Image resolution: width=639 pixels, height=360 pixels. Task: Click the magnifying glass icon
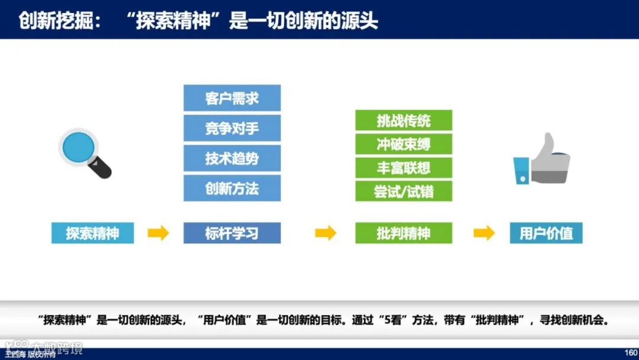[x=85, y=153]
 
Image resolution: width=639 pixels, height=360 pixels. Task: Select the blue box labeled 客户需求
[x=232, y=98]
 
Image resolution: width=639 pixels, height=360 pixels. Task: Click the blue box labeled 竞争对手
[x=232, y=128]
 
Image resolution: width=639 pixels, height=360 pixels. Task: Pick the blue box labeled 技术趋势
[x=232, y=159]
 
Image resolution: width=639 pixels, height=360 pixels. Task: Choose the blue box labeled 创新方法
[x=232, y=189]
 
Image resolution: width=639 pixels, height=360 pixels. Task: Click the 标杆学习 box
[x=232, y=233]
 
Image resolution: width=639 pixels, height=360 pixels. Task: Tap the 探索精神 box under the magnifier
[x=92, y=233]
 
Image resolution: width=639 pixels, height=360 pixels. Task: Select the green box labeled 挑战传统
[x=404, y=121]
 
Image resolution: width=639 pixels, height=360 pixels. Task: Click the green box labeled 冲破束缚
[x=404, y=144]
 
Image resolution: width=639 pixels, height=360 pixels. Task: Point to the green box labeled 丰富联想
[x=404, y=168]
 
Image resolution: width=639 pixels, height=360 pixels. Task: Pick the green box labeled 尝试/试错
[x=404, y=191]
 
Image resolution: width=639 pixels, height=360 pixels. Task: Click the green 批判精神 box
[x=404, y=233]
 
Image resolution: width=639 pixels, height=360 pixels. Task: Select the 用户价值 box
[x=546, y=233]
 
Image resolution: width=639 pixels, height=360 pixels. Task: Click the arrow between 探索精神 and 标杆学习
[x=158, y=233]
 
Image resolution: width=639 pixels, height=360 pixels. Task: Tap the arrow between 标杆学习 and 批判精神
[x=325, y=233]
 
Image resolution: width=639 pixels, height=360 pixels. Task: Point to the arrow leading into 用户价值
[x=484, y=233]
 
